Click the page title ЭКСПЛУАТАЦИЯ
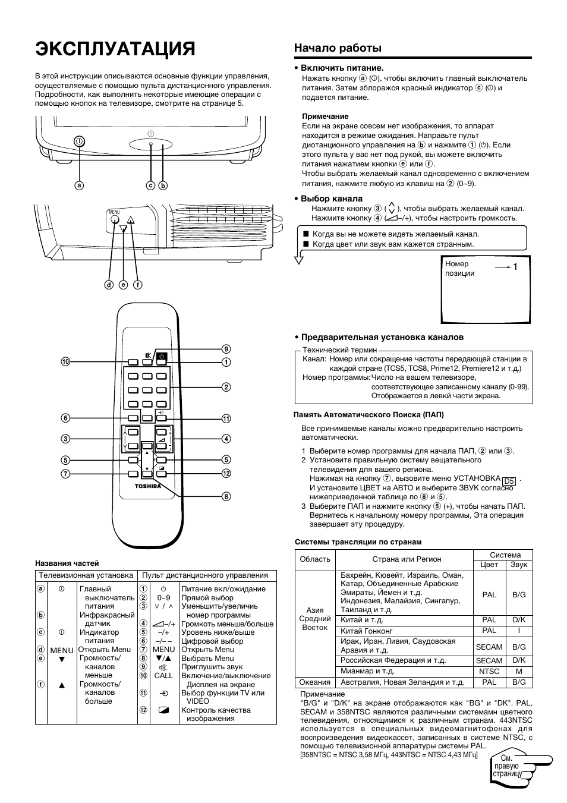[x=115, y=49]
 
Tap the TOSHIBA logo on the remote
[x=148, y=486]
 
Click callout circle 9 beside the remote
[x=226, y=349]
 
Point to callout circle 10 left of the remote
[x=65, y=361]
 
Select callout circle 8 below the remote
[x=226, y=496]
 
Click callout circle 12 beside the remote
[x=226, y=473]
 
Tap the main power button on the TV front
[x=80, y=141]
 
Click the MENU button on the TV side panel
[x=115, y=218]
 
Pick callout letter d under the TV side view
[x=109, y=285]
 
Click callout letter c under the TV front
[x=151, y=185]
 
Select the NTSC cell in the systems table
[x=489, y=671]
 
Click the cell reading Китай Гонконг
[x=367, y=631]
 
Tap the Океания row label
[x=315, y=682]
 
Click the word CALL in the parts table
[x=163, y=676]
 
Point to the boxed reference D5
[x=509, y=481]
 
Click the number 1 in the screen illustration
[x=516, y=267]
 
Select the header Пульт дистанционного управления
[x=204, y=575]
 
